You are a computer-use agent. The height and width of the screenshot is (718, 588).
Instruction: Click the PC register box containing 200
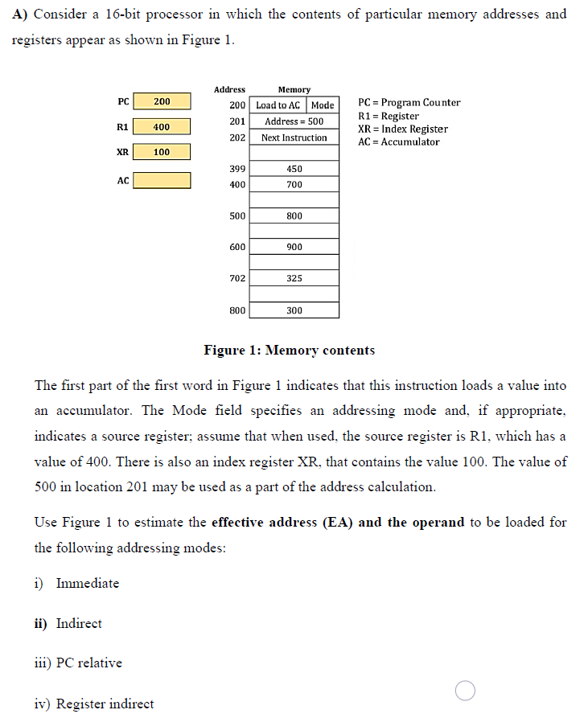pyautogui.click(x=162, y=101)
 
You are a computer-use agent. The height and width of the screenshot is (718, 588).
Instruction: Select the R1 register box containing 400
pyautogui.click(x=162, y=127)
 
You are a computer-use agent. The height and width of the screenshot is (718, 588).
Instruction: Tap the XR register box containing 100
pyautogui.click(x=162, y=152)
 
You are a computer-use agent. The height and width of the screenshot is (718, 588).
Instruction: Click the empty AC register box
pyautogui.click(x=162, y=180)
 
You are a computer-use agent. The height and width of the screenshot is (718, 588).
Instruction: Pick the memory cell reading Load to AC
pyautogui.click(x=278, y=105)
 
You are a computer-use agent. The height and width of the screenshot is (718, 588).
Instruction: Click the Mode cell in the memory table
pyautogui.click(x=323, y=105)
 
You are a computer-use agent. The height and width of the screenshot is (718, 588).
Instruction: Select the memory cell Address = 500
pyautogui.click(x=294, y=121)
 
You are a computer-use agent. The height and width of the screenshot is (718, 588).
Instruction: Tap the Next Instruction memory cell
pyautogui.click(x=294, y=137)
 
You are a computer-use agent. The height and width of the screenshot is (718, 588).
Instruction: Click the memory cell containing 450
pyautogui.click(x=294, y=169)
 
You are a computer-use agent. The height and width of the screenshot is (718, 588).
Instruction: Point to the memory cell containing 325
pyautogui.click(x=294, y=278)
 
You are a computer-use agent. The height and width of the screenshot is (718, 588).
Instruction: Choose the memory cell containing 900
pyautogui.click(x=294, y=247)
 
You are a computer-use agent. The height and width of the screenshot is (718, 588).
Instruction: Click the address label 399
pyautogui.click(x=237, y=169)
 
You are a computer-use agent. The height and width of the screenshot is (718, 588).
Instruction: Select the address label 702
pyautogui.click(x=237, y=278)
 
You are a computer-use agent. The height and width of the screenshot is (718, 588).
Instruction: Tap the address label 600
pyautogui.click(x=237, y=247)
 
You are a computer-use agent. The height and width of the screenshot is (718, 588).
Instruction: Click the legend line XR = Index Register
pyautogui.click(x=403, y=129)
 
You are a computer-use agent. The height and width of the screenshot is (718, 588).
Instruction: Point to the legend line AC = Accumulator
pyautogui.click(x=399, y=142)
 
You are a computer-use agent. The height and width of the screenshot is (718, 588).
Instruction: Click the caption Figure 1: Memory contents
pyautogui.click(x=289, y=351)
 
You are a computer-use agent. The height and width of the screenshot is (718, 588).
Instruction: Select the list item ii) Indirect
pyautogui.click(x=68, y=623)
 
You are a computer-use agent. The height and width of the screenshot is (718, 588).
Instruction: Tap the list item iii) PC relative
pyautogui.click(x=78, y=663)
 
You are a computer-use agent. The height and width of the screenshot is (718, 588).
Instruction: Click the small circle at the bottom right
pyautogui.click(x=465, y=690)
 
